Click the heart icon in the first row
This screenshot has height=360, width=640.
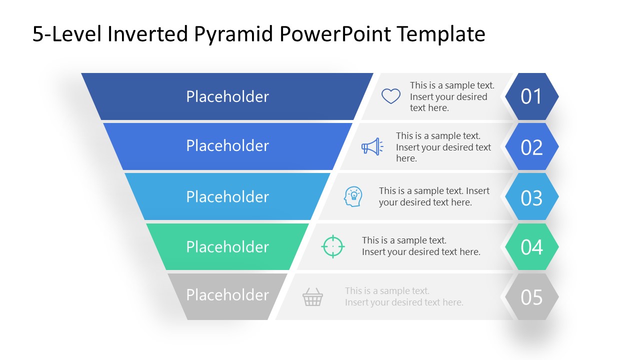coord(391,96)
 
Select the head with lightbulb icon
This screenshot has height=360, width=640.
coord(353,196)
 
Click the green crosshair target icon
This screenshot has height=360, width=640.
coord(333,246)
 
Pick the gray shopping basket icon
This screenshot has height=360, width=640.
coord(312,297)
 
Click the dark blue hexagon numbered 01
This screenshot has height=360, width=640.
coord(531,96)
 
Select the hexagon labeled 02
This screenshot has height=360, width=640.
coord(531,147)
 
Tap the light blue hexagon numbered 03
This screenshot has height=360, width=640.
coord(531,197)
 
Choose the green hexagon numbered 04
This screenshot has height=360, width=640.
coord(531,247)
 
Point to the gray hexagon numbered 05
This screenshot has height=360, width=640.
coord(531,297)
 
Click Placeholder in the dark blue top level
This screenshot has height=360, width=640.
coord(227,96)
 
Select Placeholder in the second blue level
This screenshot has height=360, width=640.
coord(227,145)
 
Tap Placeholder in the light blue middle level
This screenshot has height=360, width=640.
coord(227,196)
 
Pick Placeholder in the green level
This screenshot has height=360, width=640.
coord(227,246)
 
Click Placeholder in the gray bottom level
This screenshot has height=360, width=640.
coord(227,295)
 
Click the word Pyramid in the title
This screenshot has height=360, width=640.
coord(234,34)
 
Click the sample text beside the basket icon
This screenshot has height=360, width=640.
coord(404,296)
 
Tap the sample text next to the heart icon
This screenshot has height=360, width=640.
coord(451,96)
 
